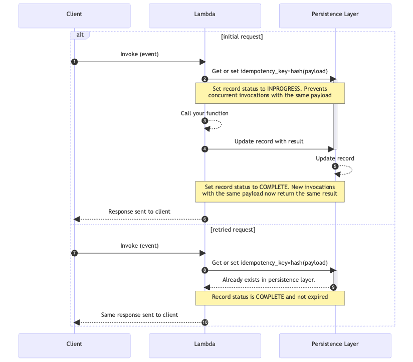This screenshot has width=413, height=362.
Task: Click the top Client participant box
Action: click(x=74, y=15)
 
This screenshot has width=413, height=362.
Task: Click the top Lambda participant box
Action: click(x=204, y=15)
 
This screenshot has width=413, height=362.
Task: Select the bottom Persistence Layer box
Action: click(x=335, y=344)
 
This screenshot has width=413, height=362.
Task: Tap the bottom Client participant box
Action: click(x=74, y=344)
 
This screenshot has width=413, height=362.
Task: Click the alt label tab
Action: click(x=80, y=35)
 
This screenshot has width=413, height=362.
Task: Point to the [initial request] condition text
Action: click(x=242, y=37)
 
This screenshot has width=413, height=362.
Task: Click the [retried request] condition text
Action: click(x=233, y=230)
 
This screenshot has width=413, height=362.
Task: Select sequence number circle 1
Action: click(x=74, y=62)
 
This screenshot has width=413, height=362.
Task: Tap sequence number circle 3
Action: click(x=204, y=121)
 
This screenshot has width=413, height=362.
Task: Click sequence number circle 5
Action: click(x=335, y=166)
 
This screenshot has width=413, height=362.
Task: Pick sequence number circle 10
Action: click(x=204, y=322)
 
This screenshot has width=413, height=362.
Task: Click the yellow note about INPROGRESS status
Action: click(x=270, y=92)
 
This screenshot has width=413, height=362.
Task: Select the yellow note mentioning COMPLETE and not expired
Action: click(x=270, y=297)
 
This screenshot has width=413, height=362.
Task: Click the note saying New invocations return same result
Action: click(x=270, y=191)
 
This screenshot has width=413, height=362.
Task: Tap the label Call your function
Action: click(x=204, y=113)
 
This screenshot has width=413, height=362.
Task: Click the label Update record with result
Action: click(x=269, y=141)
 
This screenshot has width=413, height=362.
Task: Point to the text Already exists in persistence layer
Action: click(x=269, y=280)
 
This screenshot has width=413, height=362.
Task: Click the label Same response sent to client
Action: click(x=139, y=315)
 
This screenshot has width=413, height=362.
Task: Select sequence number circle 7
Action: click(x=74, y=253)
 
